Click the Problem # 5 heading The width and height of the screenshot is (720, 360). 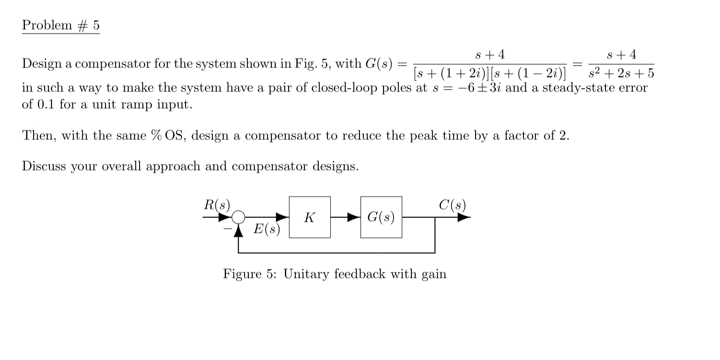point(60,26)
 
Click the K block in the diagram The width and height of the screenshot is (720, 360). point(310,217)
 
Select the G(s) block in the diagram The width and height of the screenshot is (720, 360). point(381,217)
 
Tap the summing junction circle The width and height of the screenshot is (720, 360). point(239,218)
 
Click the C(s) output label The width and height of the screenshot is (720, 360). point(452,205)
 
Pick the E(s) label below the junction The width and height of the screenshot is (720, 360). point(267,230)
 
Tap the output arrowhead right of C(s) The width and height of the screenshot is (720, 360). point(464,217)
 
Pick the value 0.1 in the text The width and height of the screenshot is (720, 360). point(47,105)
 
